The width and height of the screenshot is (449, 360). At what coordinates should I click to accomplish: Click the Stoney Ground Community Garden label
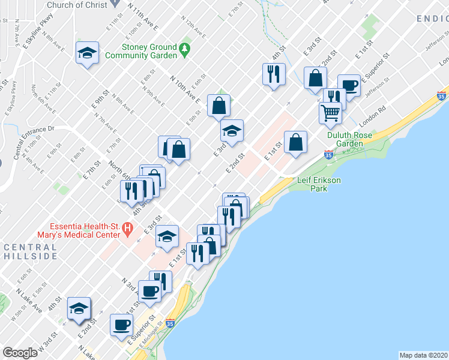coord(141,51)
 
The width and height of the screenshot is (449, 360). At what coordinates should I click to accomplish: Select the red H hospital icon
coord(127,228)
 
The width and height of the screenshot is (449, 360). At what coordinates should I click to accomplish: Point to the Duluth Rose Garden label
coord(349,139)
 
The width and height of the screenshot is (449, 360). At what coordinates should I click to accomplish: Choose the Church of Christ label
coord(77,5)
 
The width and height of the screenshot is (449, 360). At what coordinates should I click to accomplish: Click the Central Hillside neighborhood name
coord(29,251)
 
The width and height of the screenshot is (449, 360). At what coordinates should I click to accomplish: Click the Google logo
coord(20,353)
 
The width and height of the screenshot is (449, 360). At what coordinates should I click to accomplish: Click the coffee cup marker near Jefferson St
coord(349,85)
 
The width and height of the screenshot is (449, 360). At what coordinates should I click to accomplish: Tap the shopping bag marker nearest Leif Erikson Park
coord(295,142)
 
